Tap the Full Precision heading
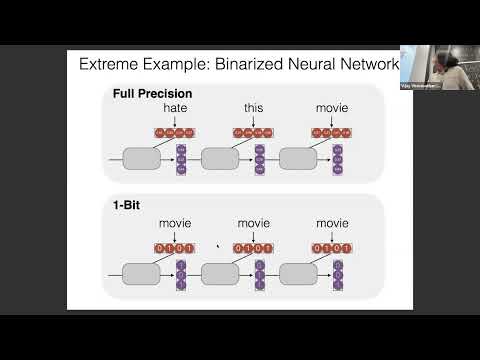point(152,94)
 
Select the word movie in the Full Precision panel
point(331,107)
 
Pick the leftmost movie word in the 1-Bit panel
point(174,223)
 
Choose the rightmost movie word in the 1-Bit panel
point(331,223)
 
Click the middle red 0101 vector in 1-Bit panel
point(253,247)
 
